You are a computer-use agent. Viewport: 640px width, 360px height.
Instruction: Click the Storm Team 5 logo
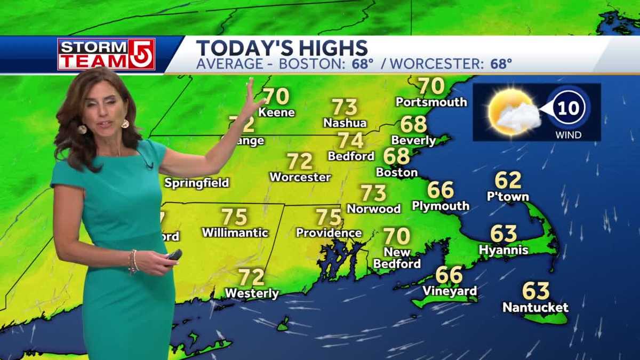(106, 54)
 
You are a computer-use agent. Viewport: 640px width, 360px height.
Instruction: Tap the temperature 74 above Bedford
(351, 141)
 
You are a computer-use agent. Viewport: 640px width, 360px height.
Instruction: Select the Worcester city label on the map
(300, 177)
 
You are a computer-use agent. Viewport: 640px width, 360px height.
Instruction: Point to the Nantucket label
(535, 308)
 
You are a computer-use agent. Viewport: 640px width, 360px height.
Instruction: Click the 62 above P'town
(508, 180)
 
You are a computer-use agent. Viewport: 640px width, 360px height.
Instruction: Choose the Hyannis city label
(503, 250)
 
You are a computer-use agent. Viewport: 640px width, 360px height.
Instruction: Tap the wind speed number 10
(569, 108)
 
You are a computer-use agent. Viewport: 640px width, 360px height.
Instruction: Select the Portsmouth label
(431, 102)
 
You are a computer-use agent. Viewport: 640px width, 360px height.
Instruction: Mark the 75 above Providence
(329, 217)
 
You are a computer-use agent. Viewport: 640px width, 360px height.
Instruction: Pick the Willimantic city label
(235, 233)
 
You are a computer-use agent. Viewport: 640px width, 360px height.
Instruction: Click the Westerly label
(252, 293)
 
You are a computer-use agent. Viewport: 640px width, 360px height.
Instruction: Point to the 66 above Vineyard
(449, 275)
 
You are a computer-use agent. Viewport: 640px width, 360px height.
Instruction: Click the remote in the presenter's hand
(173, 255)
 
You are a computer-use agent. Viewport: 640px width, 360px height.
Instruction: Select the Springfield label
(197, 183)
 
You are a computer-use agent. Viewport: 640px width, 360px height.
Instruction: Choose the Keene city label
(276, 113)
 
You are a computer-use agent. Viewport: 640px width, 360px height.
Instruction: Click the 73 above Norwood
(373, 193)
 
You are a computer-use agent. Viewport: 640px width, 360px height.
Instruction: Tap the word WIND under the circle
(569, 135)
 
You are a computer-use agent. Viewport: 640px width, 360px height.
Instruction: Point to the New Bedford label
(397, 258)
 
